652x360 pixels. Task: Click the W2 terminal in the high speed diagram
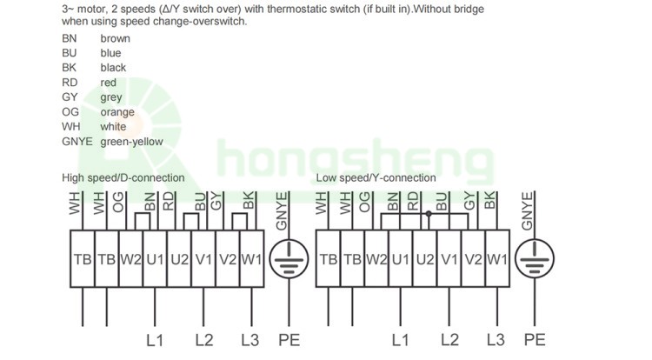point(131,258)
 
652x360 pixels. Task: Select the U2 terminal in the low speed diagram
point(425,258)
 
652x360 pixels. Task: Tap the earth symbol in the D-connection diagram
point(289,258)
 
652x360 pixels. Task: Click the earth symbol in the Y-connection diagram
point(535,258)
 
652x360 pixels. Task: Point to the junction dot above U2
point(429,214)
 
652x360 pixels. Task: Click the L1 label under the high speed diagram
point(155,341)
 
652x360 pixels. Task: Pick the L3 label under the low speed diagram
point(496,341)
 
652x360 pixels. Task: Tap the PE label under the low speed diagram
point(535,341)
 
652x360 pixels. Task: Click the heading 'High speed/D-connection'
point(123,178)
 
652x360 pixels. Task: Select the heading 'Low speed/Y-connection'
point(376,178)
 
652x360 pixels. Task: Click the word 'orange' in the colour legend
point(117,113)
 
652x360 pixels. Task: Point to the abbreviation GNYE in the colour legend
point(77,142)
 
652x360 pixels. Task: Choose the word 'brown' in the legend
point(115,38)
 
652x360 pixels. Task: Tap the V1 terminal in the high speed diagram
point(203,258)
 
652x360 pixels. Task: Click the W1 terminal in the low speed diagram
point(497,258)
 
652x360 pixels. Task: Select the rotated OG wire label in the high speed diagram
point(118,202)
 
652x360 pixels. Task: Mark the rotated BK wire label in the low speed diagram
point(490,200)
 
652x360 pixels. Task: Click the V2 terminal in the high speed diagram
point(228,258)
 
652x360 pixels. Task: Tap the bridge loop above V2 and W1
point(240,222)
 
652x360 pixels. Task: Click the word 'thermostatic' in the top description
point(292,10)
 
